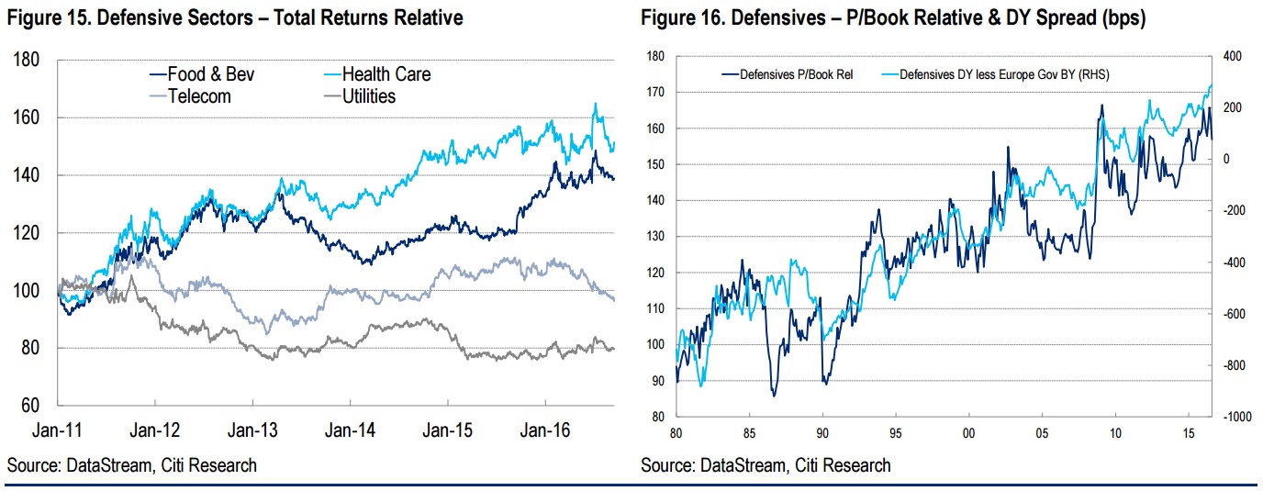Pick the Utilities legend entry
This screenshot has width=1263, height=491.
tap(363, 95)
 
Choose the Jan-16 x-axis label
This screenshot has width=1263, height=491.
tap(545, 429)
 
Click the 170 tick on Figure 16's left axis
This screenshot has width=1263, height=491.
tap(654, 92)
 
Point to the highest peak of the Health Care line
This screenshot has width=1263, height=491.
tap(595, 104)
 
